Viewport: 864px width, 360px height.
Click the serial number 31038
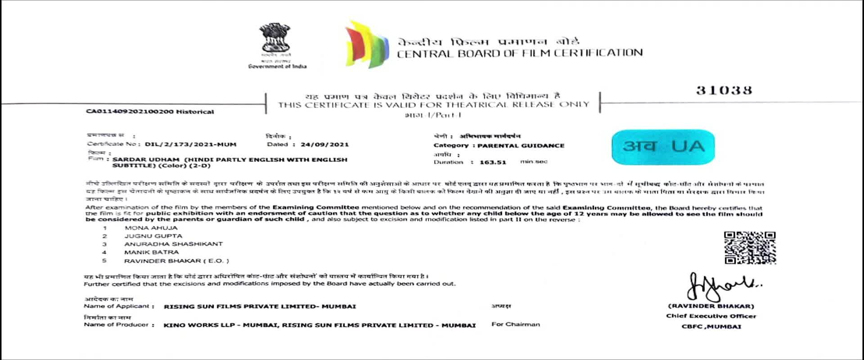[724, 90]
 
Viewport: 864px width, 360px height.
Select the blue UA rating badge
[663, 147]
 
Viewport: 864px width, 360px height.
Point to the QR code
[750, 247]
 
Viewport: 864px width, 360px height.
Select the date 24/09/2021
[324, 144]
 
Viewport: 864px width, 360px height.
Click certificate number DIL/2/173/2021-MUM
[190, 144]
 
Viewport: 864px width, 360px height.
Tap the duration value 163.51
[493, 162]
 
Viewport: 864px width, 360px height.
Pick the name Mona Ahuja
[151, 228]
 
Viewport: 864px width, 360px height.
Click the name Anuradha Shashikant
[173, 244]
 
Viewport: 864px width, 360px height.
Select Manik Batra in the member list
[151, 252]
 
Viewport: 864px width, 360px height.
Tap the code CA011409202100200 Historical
[150, 112]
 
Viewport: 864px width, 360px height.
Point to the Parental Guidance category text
[521, 146]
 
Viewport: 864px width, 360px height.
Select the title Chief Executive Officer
[711, 316]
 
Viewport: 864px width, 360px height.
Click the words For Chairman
[515, 324]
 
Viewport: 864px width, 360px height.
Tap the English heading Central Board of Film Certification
[519, 54]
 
